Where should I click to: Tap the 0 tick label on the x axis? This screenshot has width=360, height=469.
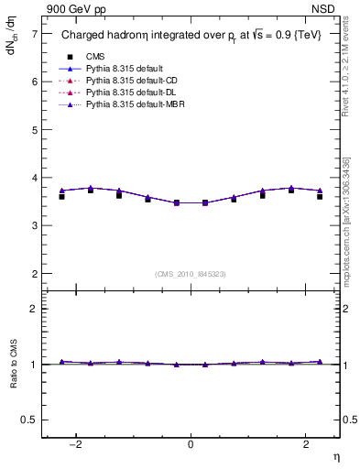click(x=191, y=444)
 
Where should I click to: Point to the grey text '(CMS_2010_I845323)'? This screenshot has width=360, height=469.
click(x=191, y=274)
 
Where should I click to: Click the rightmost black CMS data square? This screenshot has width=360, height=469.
click(x=320, y=196)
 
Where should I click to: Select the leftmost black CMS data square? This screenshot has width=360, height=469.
click(x=61, y=196)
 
